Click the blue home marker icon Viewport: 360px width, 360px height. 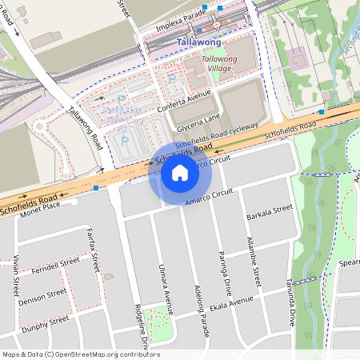coord(180,173)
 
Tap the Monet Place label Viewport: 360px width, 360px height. coord(41,206)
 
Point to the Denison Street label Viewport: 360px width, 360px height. coord(42,294)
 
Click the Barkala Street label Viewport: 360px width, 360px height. coord(270,212)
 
